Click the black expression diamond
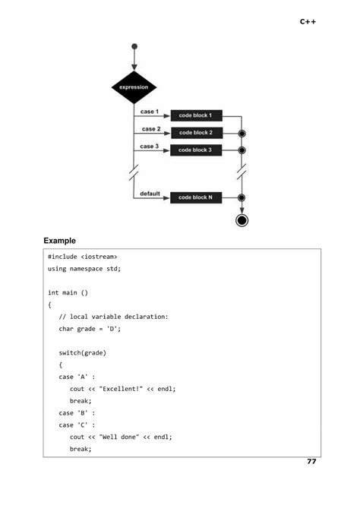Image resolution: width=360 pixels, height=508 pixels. click(134, 87)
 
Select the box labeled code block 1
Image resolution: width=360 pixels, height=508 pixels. click(195, 116)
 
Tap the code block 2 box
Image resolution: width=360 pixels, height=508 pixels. click(195, 133)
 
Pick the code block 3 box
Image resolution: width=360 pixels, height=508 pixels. click(195, 150)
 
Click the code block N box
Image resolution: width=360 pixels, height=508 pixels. click(195, 197)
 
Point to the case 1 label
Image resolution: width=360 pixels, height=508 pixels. click(150, 112)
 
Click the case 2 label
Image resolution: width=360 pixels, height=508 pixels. click(150, 129)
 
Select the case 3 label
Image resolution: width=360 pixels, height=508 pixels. click(150, 147)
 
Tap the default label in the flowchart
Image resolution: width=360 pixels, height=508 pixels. click(150, 194)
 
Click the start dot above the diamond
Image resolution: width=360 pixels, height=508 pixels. click(134, 46)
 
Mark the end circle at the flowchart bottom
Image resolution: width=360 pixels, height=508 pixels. click(242, 221)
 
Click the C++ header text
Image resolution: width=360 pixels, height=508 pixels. click(308, 22)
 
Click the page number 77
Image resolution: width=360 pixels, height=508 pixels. click(311, 462)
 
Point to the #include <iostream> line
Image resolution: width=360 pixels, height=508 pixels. click(82, 257)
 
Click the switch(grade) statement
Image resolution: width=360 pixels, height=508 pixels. click(83, 353)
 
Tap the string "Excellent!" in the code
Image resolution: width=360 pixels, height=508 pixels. click(124, 389)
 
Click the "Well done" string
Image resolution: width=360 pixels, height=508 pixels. click(122, 437)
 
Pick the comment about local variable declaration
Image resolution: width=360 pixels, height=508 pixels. click(113, 317)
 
